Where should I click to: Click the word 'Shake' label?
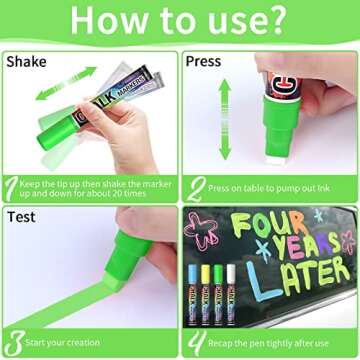tap(26, 61)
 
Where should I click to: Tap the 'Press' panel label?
tap(204, 61)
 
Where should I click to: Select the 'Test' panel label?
tap(21, 216)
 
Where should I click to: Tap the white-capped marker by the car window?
tap(232, 289)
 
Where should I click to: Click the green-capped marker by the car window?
tap(219, 289)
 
